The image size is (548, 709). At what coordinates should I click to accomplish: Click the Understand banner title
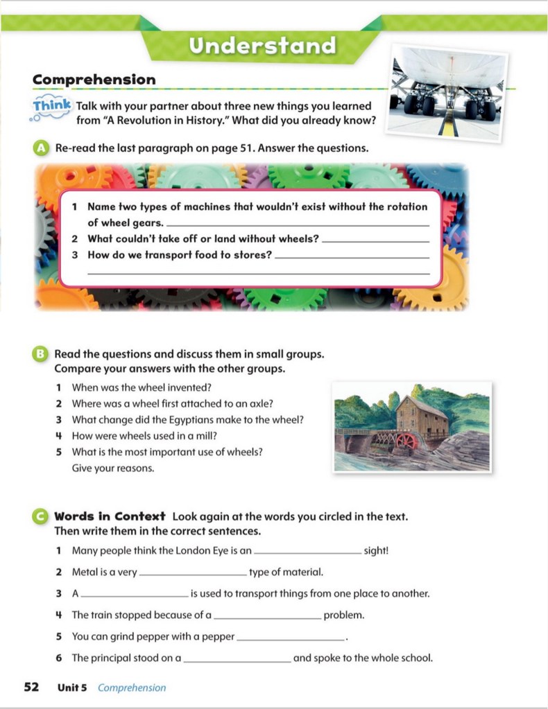(263, 46)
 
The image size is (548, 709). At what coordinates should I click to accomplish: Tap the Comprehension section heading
(94, 80)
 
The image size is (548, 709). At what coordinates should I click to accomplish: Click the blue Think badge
(52, 105)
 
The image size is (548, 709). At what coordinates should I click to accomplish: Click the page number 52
(31, 687)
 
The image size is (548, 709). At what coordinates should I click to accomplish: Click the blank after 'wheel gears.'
(298, 224)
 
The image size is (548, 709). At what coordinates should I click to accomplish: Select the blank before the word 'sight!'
(308, 552)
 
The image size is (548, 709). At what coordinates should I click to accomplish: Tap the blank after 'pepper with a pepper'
(290, 637)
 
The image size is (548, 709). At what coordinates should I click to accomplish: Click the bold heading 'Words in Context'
(110, 516)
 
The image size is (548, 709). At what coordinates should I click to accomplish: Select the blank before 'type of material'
(193, 574)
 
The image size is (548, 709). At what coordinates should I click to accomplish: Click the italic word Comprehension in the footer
(132, 688)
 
